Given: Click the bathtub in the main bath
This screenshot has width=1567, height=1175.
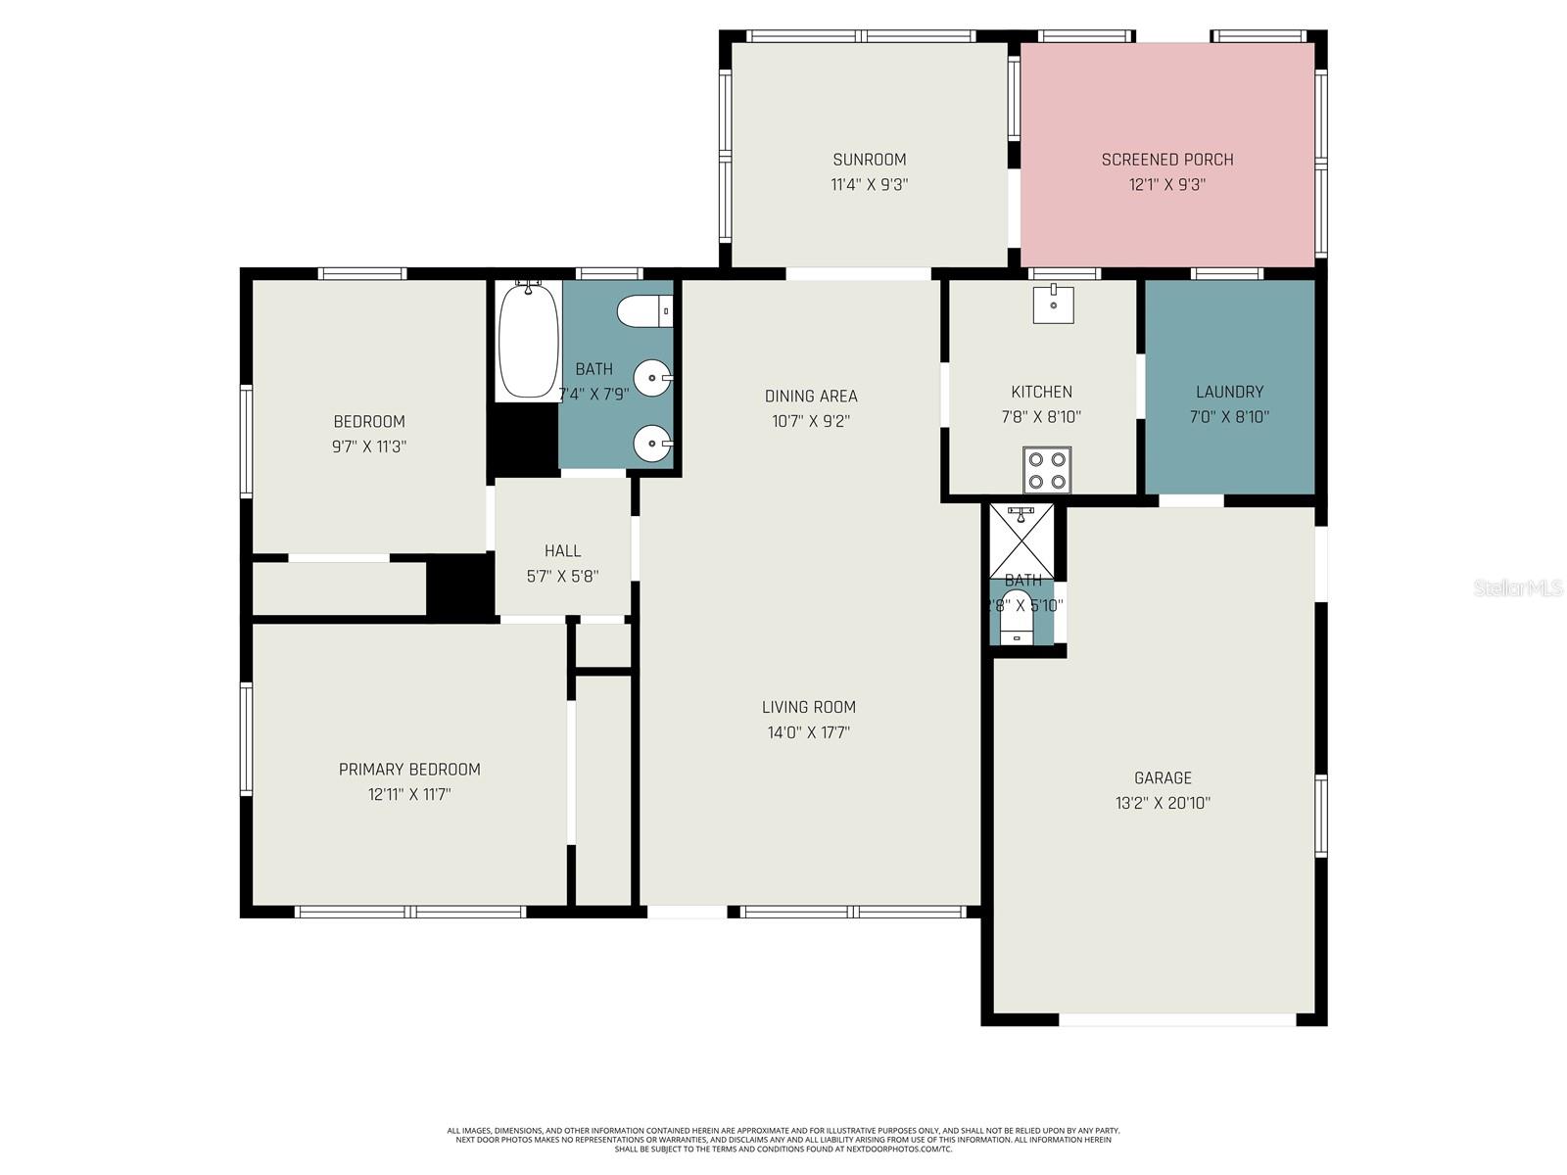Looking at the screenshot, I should [x=529, y=341].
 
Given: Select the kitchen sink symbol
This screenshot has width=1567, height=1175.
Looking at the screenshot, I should [x=1053, y=304].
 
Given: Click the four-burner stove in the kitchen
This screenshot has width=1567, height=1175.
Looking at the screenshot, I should [x=1047, y=470].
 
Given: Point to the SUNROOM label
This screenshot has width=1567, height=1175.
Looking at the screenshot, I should [x=869, y=160].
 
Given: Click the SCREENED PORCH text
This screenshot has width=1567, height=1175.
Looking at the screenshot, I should [x=1166, y=160].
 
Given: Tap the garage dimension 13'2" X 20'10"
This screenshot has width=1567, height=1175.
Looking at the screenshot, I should [x=1163, y=803].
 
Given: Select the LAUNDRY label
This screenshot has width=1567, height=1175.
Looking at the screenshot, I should [x=1229, y=392].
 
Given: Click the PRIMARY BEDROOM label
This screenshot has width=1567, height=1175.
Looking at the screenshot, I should [x=409, y=770].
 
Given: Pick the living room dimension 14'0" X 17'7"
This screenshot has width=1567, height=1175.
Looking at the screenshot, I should [x=809, y=732].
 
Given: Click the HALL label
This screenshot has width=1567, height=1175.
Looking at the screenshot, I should [x=562, y=551].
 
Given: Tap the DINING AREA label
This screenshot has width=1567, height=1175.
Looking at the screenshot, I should [x=811, y=397].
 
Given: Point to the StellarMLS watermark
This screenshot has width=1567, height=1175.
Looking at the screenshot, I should [x=1517, y=587].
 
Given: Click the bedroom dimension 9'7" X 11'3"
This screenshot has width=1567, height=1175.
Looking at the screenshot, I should [x=369, y=446].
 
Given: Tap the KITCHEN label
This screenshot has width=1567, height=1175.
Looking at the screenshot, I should [x=1041, y=392].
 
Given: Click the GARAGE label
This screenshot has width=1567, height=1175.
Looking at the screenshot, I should [x=1163, y=778].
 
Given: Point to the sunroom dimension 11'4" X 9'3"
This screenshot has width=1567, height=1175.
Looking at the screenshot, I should [x=869, y=184].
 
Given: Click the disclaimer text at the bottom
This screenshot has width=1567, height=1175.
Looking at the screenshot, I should [x=783, y=1140].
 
